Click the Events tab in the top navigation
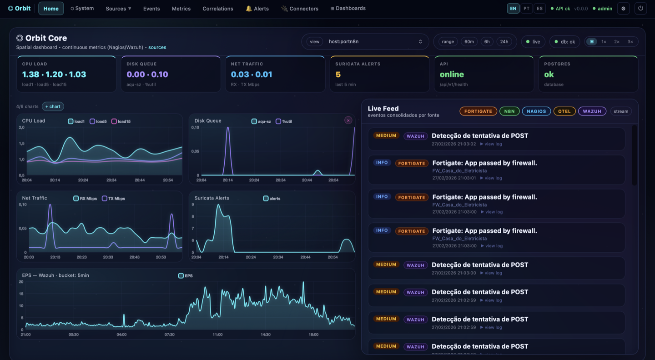(x=151, y=9)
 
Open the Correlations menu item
(x=217, y=9)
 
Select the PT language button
(x=526, y=9)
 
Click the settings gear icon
(x=623, y=9)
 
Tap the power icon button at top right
(x=640, y=9)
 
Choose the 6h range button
(x=487, y=42)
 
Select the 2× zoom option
(x=617, y=42)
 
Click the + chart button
(x=53, y=106)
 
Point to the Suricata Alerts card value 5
(x=338, y=75)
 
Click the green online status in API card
(x=452, y=75)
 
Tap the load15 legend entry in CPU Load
(x=121, y=121)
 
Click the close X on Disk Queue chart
(x=348, y=120)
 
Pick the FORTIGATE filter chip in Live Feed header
(x=478, y=111)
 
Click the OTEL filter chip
(x=564, y=111)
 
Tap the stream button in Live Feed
(x=620, y=111)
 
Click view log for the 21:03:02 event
(x=491, y=144)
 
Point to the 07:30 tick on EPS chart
(x=169, y=335)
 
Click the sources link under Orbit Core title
(x=157, y=47)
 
